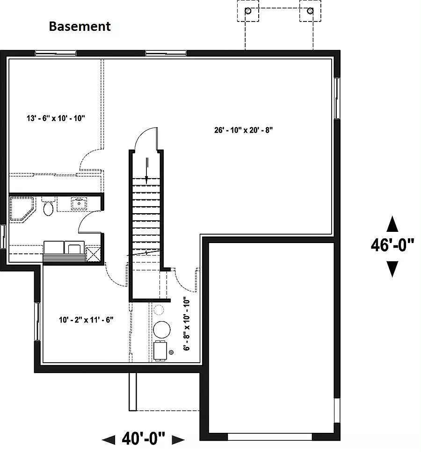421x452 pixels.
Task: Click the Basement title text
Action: click(x=80, y=26)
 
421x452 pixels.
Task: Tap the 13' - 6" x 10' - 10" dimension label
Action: click(x=56, y=118)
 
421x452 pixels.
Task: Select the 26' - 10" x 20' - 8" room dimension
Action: click(x=243, y=130)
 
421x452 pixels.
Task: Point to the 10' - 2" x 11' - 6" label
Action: click(x=86, y=320)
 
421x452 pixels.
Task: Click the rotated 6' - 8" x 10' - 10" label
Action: click(x=187, y=324)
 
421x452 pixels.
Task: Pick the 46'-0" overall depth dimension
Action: click(x=392, y=245)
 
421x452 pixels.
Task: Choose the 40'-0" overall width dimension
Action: click(x=144, y=438)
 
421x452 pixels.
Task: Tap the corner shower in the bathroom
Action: click(x=22, y=209)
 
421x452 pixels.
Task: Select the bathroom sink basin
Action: click(x=79, y=203)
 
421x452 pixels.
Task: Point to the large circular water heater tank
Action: click(x=161, y=330)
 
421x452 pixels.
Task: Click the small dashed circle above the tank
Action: click(x=159, y=310)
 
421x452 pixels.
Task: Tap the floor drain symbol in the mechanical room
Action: click(x=171, y=352)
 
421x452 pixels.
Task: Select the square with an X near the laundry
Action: click(x=94, y=255)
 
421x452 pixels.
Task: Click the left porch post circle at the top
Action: click(x=248, y=11)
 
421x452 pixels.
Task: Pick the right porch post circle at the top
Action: click(x=310, y=11)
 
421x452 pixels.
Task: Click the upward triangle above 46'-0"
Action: click(x=392, y=224)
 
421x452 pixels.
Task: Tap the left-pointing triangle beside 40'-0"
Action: click(x=109, y=440)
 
